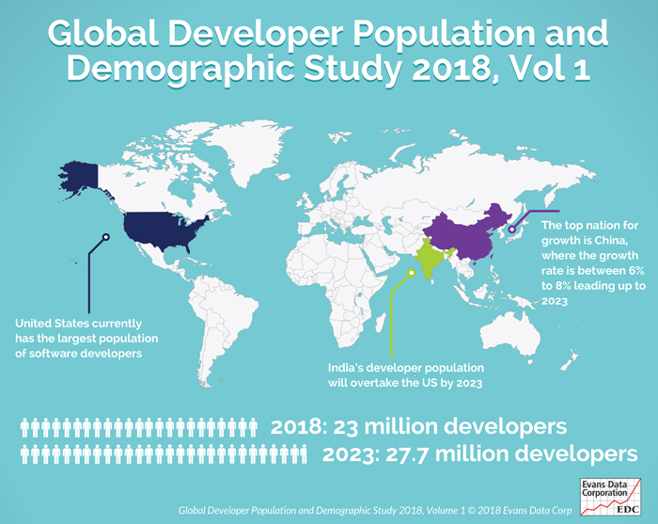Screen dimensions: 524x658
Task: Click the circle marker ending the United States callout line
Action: coord(105,237)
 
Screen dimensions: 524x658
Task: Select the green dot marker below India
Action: coord(411,274)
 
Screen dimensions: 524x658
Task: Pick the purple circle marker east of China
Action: coord(511,229)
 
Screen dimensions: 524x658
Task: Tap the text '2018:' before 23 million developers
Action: coord(299,426)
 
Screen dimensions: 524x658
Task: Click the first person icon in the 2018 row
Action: coord(26,427)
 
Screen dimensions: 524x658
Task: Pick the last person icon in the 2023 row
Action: coord(303,455)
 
